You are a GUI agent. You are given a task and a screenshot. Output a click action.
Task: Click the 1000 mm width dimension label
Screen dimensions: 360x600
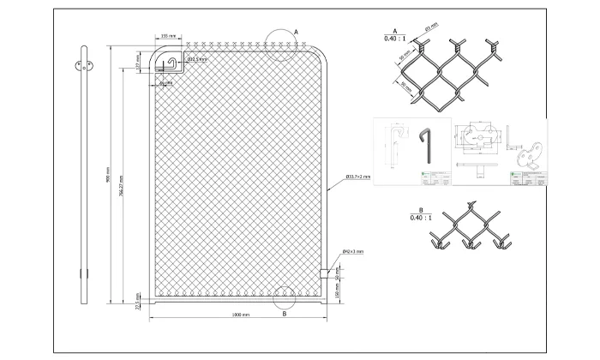(x=241, y=315)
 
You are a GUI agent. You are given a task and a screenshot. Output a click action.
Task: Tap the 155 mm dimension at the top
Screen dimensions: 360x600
(x=171, y=37)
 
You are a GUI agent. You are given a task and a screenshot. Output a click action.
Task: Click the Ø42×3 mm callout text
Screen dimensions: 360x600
(x=353, y=251)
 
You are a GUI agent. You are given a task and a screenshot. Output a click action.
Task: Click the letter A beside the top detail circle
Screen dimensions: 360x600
(x=296, y=30)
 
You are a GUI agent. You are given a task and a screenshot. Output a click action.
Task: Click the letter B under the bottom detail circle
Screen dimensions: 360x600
(x=284, y=315)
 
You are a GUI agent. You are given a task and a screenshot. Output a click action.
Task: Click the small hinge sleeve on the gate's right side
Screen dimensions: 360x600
(x=325, y=273)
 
